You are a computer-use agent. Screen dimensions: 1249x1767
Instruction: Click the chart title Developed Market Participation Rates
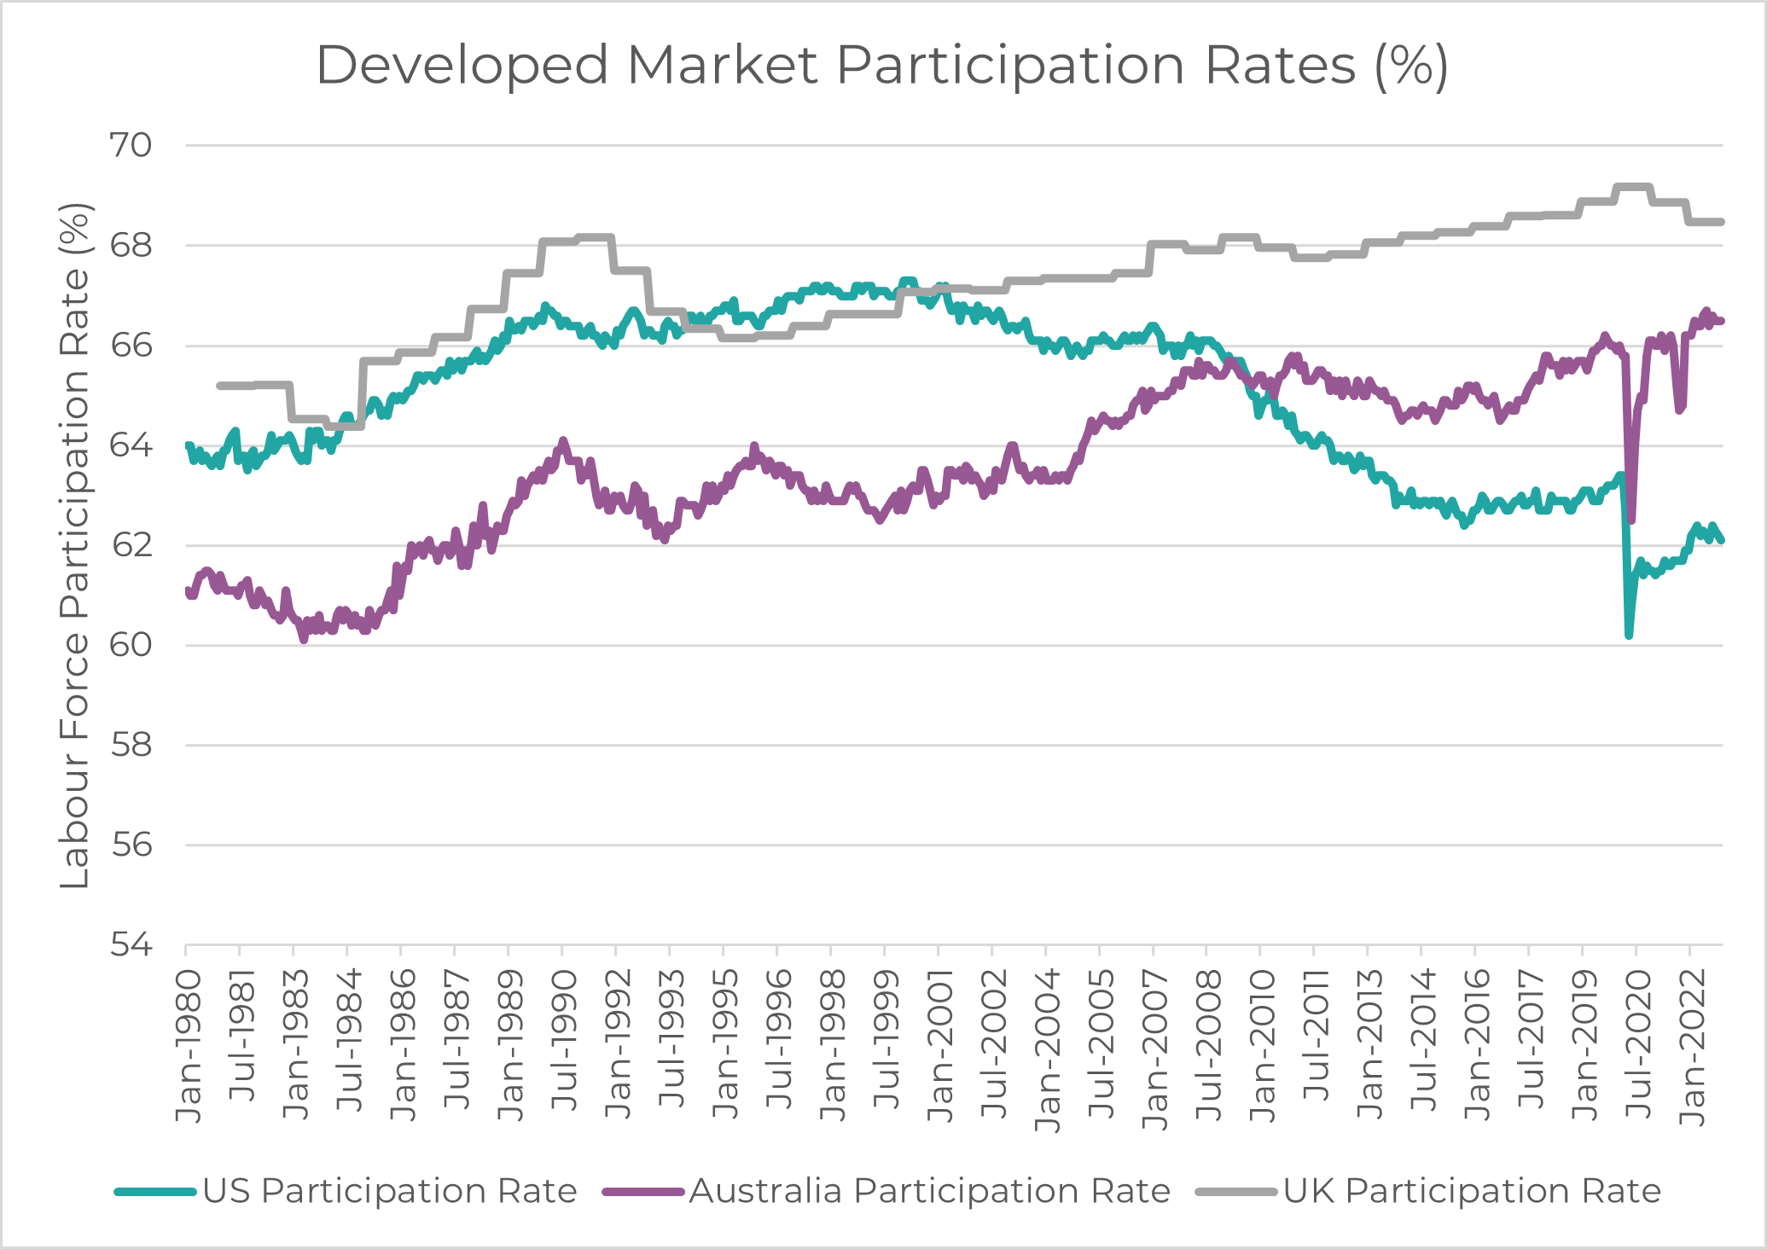[882, 65]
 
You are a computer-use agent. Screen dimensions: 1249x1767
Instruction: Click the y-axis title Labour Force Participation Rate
[75, 546]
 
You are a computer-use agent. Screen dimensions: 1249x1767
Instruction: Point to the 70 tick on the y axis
[131, 145]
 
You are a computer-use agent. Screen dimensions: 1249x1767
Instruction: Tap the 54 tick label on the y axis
[131, 945]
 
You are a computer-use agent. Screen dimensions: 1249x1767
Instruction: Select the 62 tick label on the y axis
[131, 545]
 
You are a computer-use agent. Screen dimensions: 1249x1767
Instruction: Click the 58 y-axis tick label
[131, 746]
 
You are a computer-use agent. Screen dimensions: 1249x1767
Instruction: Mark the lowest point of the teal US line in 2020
[1629, 636]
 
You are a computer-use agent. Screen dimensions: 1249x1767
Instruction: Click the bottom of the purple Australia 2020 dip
[1631, 520]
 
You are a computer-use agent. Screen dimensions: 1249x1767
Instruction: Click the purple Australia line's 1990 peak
[562, 441]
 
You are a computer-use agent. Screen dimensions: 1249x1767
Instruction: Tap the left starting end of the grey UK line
[220, 386]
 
